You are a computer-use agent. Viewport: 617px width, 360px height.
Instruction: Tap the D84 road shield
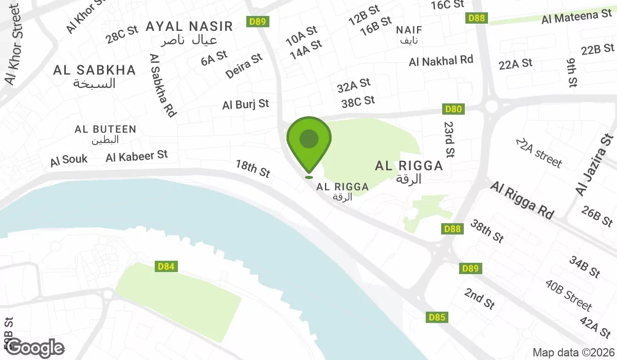(x=167, y=266)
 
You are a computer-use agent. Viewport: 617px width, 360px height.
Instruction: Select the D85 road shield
(x=437, y=318)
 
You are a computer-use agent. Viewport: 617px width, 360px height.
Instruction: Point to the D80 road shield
(x=453, y=109)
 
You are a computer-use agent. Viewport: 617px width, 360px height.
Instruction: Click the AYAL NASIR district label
(x=189, y=27)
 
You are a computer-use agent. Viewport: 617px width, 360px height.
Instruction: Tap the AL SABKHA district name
(x=95, y=70)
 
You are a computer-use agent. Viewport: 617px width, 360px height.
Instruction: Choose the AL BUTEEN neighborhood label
(x=105, y=130)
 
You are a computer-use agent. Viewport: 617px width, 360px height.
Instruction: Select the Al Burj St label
(x=246, y=104)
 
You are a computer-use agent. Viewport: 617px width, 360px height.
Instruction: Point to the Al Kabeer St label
(x=137, y=155)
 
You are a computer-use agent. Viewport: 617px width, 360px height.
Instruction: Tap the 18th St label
(x=253, y=168)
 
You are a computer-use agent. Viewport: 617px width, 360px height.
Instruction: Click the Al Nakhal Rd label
(x=441, y=61)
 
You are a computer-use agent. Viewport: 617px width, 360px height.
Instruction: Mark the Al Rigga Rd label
(x=522, y=200)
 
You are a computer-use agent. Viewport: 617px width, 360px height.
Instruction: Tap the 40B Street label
(x=569, y=295)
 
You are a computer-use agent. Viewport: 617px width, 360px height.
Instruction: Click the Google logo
(x=35, y=348)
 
